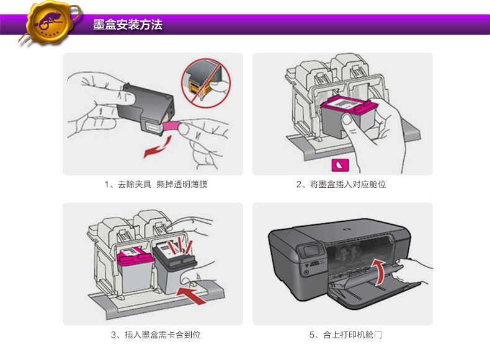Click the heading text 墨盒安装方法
tap(128, 25)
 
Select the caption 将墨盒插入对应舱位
tap(341, 185)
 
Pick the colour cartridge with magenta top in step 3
tap(136, 266)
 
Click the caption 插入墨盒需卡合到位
tap(156, 335)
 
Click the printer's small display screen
tap(308, 253)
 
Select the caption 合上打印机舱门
tap(345, 335)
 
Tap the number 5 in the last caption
tap(312, 335)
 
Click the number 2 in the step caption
tap(300, 185)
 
